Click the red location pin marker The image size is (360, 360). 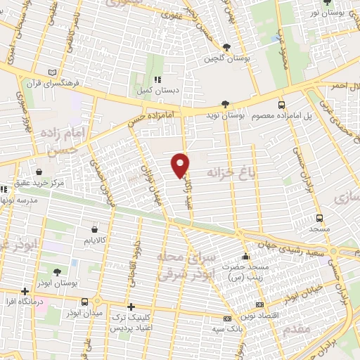[181, 165]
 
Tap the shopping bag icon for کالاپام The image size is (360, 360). [96, 229]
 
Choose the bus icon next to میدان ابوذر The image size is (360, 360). [84, 302]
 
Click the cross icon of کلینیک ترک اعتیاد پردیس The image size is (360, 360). [131, 307]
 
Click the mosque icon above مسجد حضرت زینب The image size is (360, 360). [245, 256]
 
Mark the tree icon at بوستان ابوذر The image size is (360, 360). [56, 272]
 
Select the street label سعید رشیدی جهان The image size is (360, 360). [302, 251]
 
